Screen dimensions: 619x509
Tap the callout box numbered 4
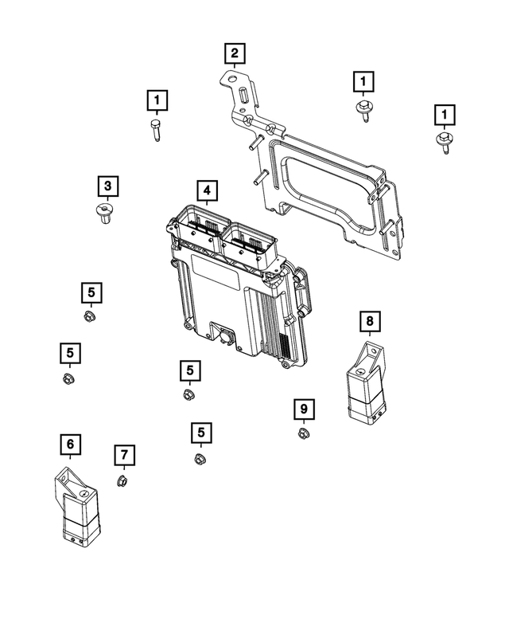coord(206,190)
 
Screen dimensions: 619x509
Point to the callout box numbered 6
coord(70,443)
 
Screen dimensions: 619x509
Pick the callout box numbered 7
coord(124,455)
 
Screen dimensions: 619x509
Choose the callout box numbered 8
coord(369,321)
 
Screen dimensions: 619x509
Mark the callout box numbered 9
coord(302,409)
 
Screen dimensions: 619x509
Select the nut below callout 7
coord(123,480)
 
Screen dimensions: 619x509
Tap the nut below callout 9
coord(303,433)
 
